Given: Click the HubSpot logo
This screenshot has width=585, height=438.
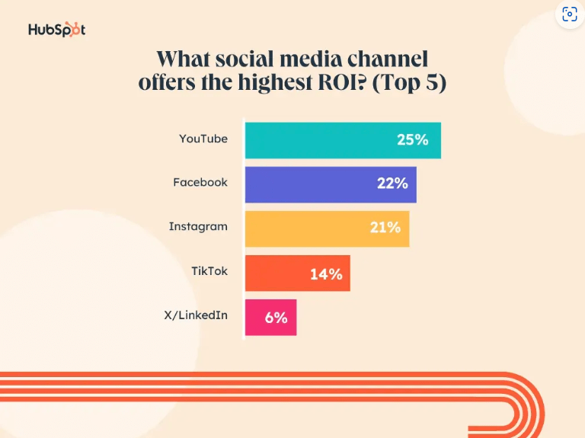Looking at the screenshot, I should (x=57, y=30).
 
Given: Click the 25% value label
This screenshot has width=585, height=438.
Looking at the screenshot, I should (x=412, y=140).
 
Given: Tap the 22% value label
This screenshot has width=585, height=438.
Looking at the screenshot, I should (x=392, y=184).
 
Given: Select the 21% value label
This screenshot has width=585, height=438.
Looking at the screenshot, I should (x=385, y=228).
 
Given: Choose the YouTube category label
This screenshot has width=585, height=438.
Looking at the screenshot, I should (x=203, y=139).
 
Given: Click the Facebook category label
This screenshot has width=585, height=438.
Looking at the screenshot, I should (x=200, y=183).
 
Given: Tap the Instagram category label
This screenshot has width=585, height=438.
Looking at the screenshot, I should (x=198, y=227).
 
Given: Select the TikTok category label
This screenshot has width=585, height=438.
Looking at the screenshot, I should (x=209, y=270).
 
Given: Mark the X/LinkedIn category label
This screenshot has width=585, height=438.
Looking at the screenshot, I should (x=196, y=315).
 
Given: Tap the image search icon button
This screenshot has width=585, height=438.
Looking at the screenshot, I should (x=570, y=14).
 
